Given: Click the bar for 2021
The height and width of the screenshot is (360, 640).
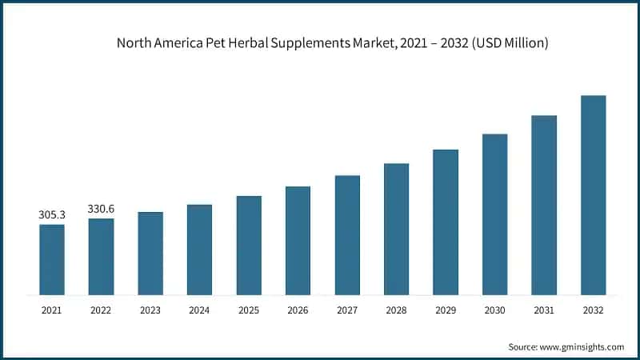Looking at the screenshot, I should point(52,259).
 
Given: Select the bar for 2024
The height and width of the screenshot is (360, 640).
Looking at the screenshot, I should point(199,250).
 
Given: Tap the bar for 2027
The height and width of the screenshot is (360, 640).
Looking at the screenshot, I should point(347,234).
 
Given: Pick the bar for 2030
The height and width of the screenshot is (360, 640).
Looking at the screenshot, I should point(494,214).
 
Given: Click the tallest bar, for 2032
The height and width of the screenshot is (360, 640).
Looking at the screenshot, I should point(593,194).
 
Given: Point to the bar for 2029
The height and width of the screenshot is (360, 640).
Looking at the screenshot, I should point(446,222).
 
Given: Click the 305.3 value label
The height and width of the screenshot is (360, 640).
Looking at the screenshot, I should point(52,214).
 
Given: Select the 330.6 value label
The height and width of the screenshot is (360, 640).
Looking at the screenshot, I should point(101,209).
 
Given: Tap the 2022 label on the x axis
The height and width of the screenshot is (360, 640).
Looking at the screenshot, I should point(101,310).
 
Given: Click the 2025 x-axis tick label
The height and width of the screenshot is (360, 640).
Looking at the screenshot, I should point(249,310).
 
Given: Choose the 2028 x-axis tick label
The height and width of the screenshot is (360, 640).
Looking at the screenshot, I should point(396,310).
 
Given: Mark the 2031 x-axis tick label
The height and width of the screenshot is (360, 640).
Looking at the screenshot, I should point(544,310).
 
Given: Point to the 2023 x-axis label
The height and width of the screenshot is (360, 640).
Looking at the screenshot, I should point(150,310).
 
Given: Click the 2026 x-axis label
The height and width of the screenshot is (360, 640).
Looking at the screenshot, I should point(298,310).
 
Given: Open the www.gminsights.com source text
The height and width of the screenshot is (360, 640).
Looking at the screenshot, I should point(583,346).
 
